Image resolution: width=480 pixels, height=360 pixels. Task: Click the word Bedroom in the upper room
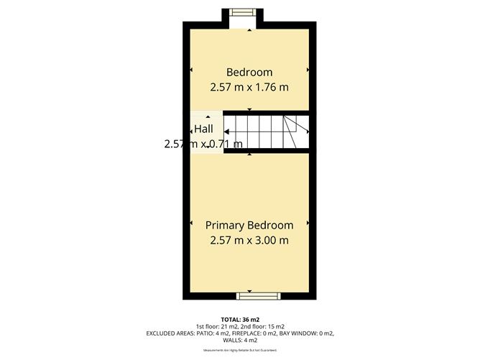point(249,72)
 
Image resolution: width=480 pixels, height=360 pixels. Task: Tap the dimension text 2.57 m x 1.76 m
point(249,87)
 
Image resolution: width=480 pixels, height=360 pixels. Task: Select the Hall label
point(203,129)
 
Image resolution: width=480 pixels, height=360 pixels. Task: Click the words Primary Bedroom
point(249,224)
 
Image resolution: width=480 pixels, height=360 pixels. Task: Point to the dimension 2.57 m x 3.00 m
point(249,240)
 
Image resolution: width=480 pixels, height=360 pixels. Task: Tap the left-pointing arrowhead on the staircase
point(227,131)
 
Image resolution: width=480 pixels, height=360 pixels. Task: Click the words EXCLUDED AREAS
point(172,334)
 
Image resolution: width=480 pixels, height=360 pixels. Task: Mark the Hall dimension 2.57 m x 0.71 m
point(203,144)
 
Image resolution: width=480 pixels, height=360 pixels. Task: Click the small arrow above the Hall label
point(209,117)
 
